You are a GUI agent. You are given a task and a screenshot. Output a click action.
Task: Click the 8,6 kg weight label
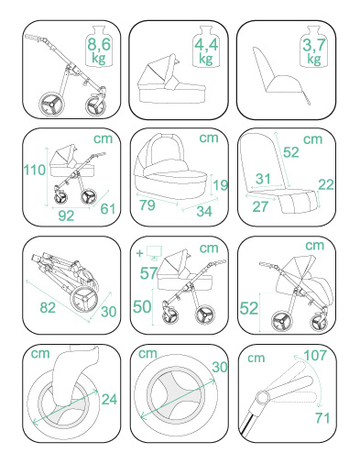tap(99, 50)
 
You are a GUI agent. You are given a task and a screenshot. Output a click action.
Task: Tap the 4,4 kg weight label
tap(206, 50)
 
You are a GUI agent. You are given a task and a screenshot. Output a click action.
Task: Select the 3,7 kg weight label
tap(314, 50)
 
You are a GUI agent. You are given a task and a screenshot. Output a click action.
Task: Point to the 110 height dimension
tap(35, 170)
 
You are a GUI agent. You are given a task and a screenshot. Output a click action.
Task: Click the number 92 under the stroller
tap(66, 215)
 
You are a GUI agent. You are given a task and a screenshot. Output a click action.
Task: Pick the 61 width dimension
tap(108, 209)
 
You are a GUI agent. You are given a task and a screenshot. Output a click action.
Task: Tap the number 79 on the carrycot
tap(147, 204)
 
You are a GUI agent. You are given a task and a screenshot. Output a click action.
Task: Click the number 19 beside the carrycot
tap(221, 185)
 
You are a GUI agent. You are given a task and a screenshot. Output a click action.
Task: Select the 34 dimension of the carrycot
tap(204, 211)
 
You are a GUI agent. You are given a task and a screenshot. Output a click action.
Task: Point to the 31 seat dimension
tap(263, 179)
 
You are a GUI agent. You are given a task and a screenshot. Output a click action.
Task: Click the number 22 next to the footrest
tap(326, 184)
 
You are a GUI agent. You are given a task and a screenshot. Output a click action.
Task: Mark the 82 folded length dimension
tap(48, 307)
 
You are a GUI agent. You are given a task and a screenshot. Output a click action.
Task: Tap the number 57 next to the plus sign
tap(148, 273)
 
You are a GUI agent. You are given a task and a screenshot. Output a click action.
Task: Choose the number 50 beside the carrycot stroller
tap(142, 306)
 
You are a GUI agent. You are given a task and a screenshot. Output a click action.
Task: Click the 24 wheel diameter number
tap(109, 399)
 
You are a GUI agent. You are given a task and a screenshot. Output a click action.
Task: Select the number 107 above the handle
tap(315, 355)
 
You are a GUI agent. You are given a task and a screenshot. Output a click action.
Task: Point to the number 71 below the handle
tap(322, 418)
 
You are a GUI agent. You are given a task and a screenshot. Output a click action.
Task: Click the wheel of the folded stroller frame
tap(84, 300)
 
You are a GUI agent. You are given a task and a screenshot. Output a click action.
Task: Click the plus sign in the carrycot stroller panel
tap(139, 253)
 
